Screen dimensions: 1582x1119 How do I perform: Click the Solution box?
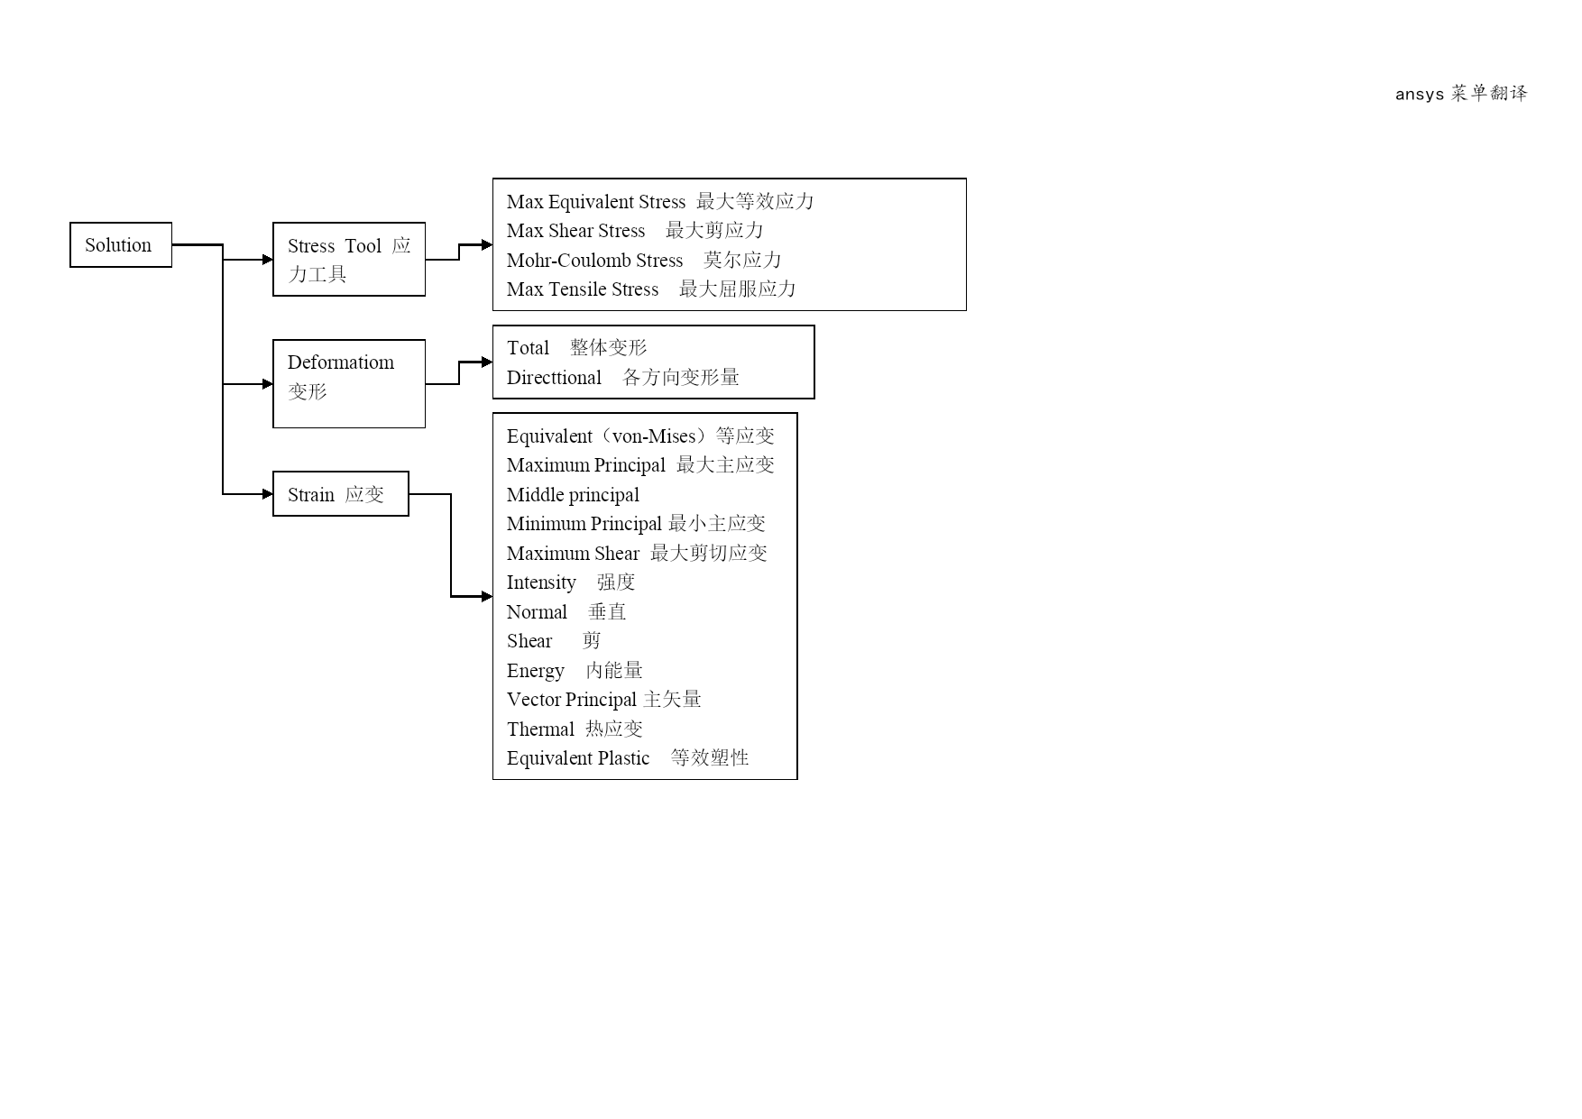(x=121, y=244)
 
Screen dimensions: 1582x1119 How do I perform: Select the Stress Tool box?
(x=349, y=259)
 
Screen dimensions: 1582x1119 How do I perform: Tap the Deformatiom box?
(x=349, y=383)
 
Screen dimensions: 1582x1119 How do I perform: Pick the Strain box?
(x=341, y=493)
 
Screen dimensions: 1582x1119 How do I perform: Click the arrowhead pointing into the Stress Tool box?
(x=267, y=260)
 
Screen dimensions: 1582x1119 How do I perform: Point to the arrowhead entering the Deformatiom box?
(x=267, y=384)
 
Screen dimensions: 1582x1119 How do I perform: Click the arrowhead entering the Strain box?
(x=267, y=494)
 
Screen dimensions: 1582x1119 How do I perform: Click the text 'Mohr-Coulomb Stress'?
(x=594, y=261)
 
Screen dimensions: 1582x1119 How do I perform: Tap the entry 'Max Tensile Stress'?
(x=583, y=289)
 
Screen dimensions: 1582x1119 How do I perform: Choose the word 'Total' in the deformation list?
(x=528, y=348)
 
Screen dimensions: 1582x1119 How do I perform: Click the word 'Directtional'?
(x=554, y=378)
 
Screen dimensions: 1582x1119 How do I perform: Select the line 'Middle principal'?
(x=573, y=495)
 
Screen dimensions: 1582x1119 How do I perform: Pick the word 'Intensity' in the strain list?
(x=541, y=582)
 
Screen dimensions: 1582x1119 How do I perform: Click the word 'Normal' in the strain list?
(x=537, y=612)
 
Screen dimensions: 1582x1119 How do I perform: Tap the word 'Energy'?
(x=535, y=671)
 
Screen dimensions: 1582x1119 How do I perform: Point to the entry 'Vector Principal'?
(x=572, y=700)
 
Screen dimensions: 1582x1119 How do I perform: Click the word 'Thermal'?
(x=540, y=729)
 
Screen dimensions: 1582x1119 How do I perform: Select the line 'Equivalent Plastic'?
(x=578, y=758)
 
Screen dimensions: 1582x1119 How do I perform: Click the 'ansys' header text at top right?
(x=1420, y=94)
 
